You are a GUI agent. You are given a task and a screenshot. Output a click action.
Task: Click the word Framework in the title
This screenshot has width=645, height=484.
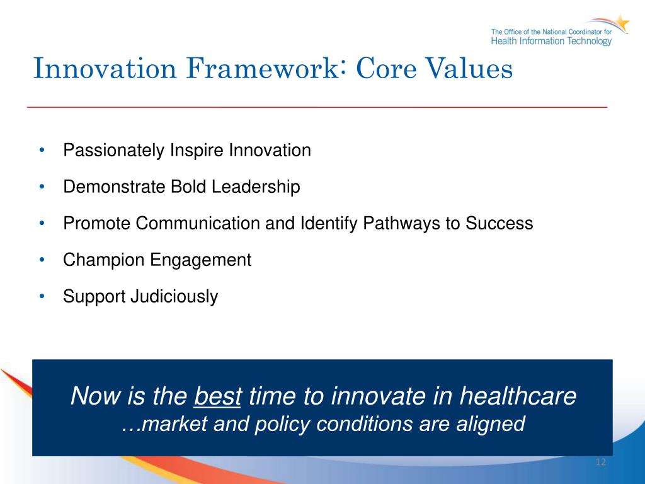pos(263,68)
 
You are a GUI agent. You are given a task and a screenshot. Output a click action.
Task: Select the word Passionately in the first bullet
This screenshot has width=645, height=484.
pos(113,151)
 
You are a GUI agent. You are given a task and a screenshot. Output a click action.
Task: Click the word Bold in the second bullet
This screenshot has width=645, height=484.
pos(188,187)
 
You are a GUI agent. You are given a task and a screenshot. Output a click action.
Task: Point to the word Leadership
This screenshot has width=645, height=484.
pos(256,187)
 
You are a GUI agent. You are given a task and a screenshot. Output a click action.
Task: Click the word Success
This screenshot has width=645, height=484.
pos(499,224)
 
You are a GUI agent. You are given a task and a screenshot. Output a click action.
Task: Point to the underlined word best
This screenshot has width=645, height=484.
pos(217,396)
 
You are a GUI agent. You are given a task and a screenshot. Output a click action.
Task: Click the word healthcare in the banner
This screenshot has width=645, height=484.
pos(518,396)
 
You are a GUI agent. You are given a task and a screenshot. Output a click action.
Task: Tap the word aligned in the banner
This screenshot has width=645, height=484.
pos(490,424)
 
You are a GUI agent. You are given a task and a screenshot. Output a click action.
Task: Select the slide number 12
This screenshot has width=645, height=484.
pos(600,462)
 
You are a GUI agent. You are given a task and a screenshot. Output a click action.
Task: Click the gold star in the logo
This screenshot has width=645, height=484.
pos(620,23)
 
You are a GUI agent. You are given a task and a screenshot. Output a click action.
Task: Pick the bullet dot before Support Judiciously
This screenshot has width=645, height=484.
pos(42,296)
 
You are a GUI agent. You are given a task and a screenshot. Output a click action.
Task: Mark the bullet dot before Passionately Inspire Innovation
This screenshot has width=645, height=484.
pos(42,150)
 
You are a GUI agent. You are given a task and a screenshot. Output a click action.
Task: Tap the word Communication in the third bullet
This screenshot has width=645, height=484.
pos(197,224)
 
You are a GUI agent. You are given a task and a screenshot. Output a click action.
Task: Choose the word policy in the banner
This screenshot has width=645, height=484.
pos(282,424)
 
